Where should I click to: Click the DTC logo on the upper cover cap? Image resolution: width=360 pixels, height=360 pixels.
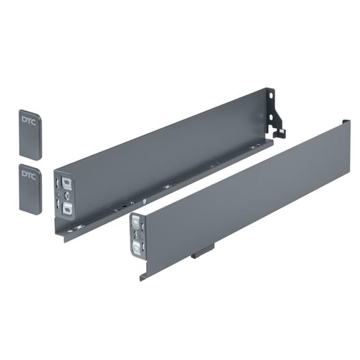click(29, 119)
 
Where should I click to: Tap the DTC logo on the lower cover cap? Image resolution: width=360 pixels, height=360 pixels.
click(29, 174)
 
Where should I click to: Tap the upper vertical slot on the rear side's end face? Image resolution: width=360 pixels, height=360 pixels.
click(57, 184)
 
